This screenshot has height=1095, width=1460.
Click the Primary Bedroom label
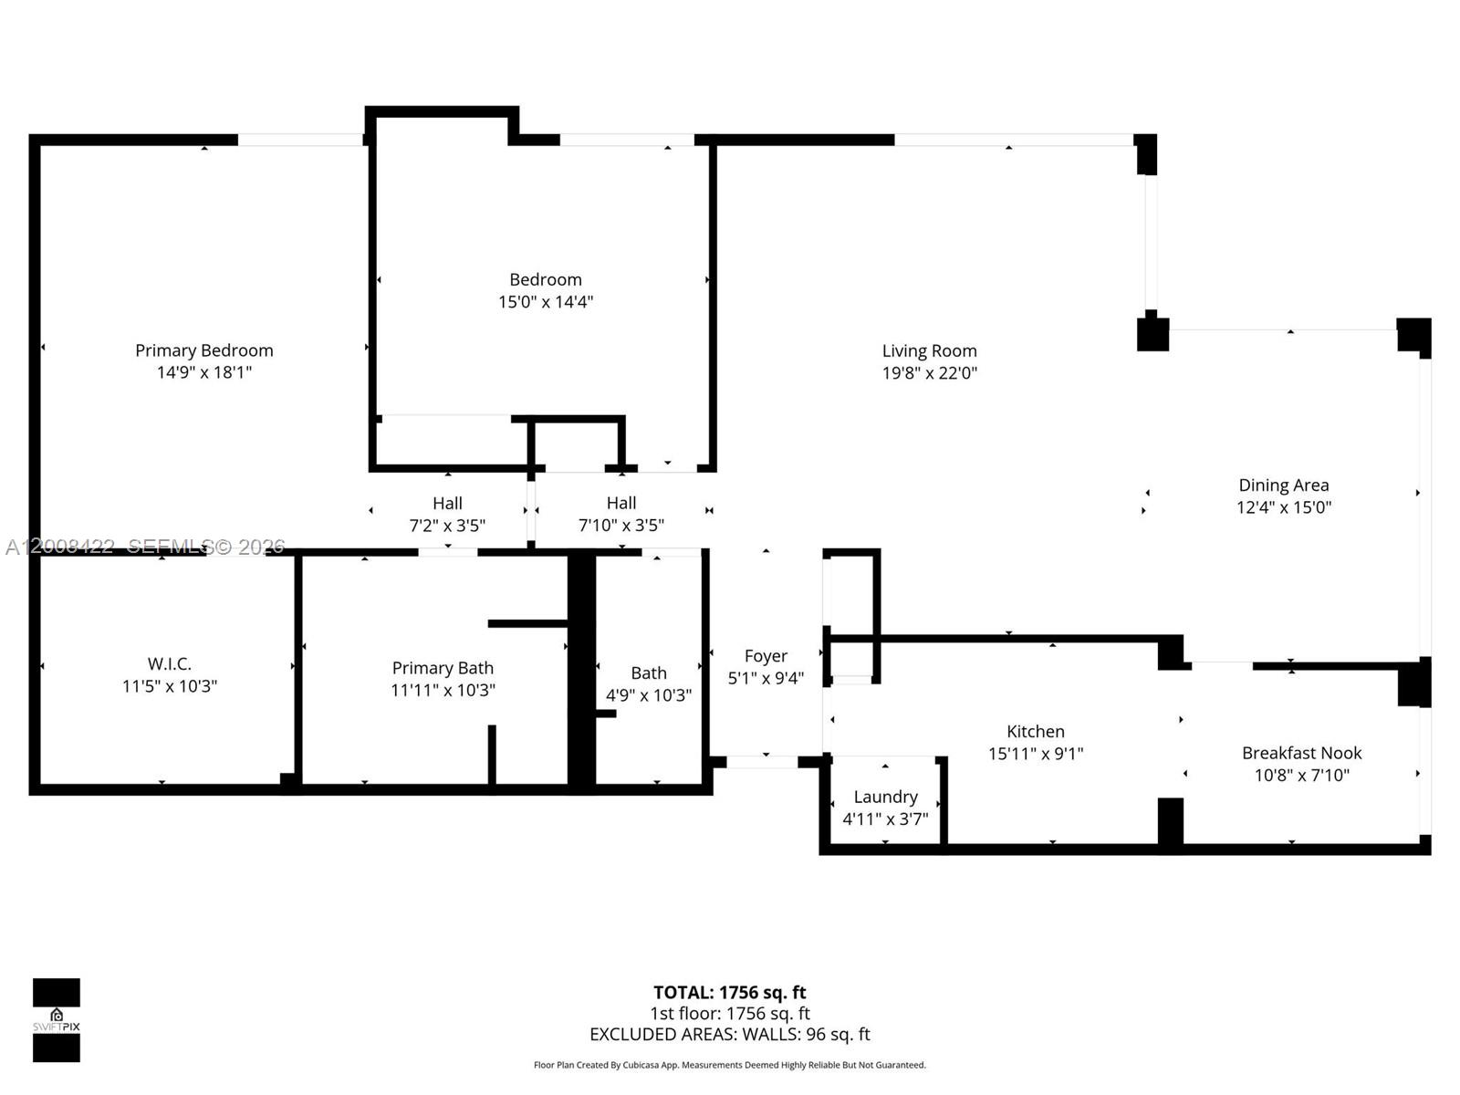click(x=203, y=350)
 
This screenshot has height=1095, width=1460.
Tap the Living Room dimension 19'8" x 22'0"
click(x=929, y=373)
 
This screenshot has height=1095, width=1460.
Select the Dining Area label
click(x=1283, y=485)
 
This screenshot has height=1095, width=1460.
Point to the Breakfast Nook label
click(x=1301, y=753)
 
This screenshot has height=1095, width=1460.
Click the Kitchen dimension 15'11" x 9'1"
click(x=1035, y=754)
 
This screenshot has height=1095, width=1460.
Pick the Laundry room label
click(x=885, y=797)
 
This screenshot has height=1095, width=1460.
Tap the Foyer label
click(x=765, y=656)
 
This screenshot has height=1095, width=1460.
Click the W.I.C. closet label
click(x=170, y=663)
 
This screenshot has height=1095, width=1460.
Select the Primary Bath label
click(x=443, y=668)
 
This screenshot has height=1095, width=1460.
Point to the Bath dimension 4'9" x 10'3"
click(x=648, y=695)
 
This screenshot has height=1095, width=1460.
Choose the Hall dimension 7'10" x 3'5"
click(x=620, y=526)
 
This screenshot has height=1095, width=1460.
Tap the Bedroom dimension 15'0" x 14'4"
click(x=545, y=302)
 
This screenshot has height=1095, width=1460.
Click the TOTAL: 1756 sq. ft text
click(x=729, y=992)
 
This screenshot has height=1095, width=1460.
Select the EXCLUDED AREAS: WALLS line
click(x=729, y=1034)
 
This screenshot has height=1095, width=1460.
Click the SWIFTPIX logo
click(x=57, y=1020)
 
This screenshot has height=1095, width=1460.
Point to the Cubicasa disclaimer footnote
click(x=729, y=1065)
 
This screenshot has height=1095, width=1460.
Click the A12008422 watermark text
click(x=60, y=547)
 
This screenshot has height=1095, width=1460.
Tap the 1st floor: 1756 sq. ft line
click(x=729, y=1013)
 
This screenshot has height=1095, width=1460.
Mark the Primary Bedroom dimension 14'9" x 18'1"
click(x=203, y=372)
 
